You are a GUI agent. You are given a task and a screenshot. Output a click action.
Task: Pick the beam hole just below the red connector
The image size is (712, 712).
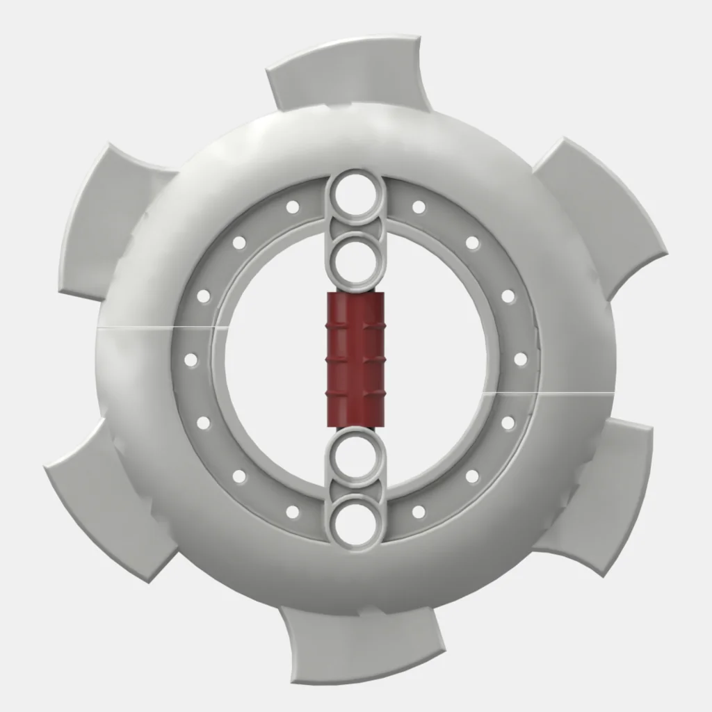355,456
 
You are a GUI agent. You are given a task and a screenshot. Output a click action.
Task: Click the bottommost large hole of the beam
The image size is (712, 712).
355,518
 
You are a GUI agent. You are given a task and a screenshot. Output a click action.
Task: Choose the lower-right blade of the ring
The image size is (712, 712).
605,494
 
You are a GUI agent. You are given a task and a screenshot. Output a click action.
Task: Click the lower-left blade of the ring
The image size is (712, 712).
104,501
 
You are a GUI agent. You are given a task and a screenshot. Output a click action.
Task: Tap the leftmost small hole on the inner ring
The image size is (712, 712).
191,359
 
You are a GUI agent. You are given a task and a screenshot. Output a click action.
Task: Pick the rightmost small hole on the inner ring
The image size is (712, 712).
521,359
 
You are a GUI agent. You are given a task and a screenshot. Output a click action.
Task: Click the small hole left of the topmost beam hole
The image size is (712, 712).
293,207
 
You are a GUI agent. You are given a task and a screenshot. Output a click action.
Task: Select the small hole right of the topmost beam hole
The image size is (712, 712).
419,207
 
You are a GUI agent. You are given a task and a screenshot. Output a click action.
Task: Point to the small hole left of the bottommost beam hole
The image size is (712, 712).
293,512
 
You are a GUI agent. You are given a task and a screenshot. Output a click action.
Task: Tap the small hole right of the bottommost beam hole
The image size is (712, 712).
419,512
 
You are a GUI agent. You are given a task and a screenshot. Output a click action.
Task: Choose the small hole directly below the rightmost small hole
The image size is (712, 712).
508,423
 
